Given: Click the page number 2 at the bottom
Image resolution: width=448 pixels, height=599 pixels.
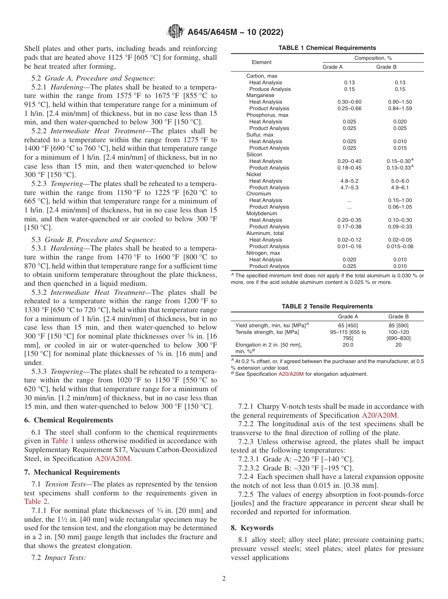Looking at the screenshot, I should [224, 579].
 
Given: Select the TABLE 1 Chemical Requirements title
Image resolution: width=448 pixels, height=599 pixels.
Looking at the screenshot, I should [327, 48].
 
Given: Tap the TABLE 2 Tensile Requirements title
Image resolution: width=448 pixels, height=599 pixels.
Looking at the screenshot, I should [327, 307].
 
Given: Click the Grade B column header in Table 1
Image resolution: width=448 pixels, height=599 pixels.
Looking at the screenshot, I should [386, 67].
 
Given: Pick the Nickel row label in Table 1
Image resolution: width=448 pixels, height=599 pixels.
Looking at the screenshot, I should [254, 174].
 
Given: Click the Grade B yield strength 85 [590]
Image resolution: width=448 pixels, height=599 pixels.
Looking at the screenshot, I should [398, 325].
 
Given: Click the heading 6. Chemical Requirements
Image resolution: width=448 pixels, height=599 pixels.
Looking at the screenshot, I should [68, 420].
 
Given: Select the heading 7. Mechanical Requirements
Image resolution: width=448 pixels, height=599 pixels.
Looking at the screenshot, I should [72, 472].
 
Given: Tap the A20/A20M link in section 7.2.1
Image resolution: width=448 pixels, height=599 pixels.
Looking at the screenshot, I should [380, 415].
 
